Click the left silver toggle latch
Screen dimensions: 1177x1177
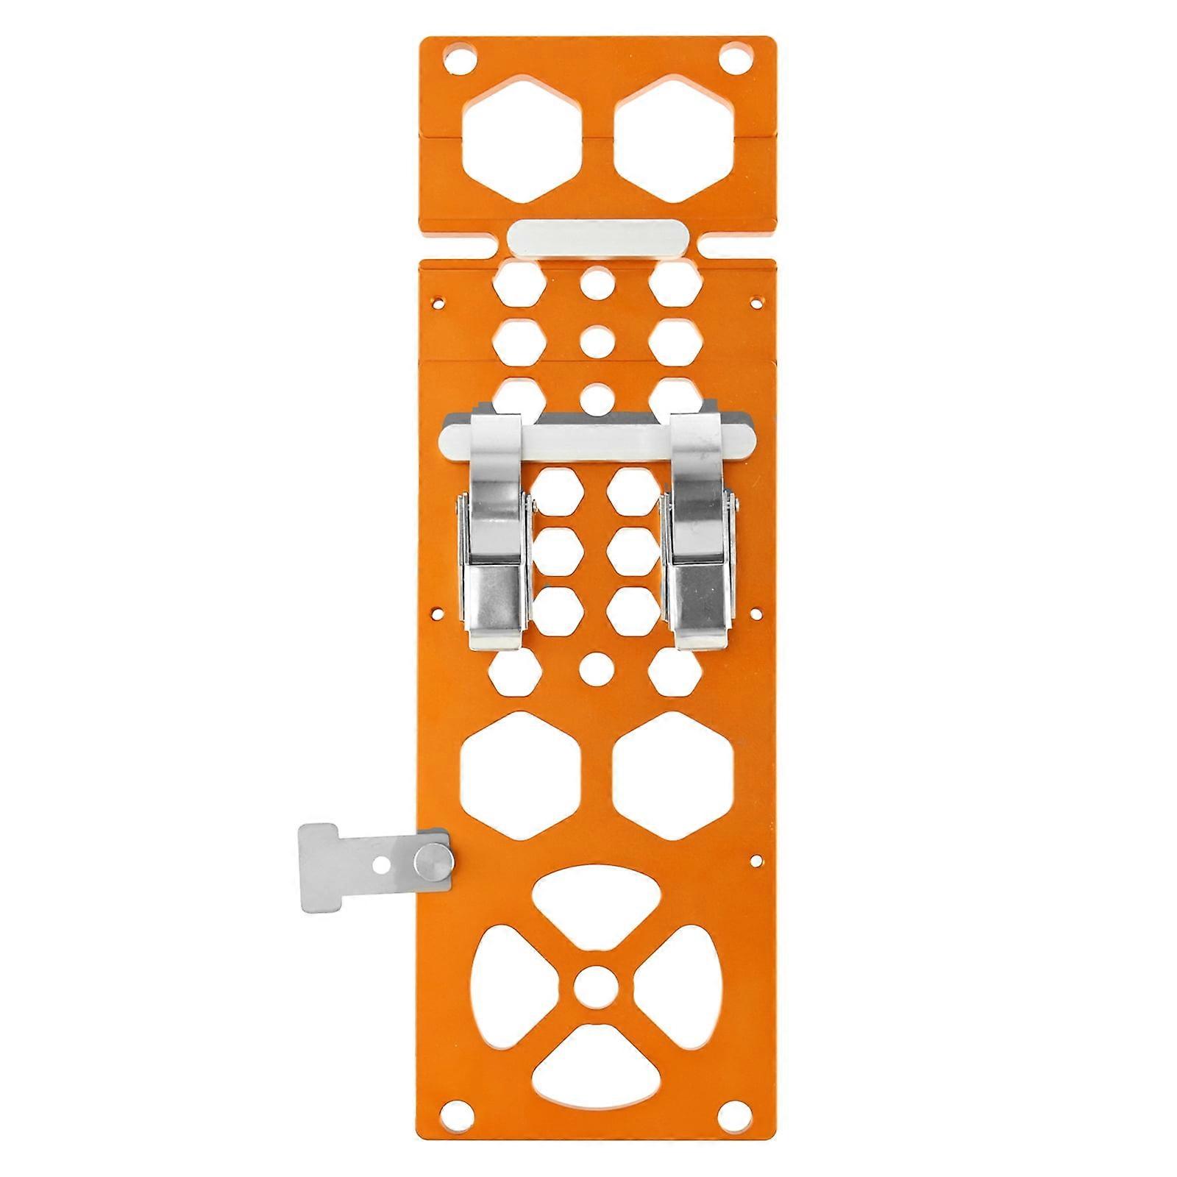494,537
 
